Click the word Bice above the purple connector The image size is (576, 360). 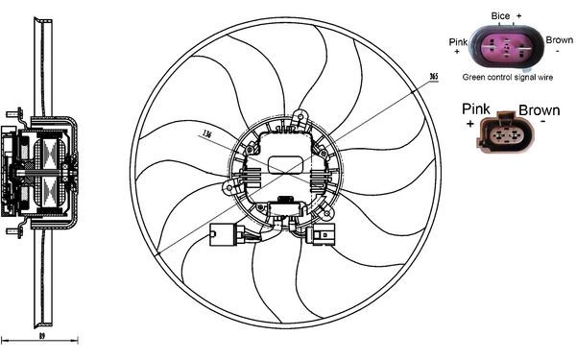499,16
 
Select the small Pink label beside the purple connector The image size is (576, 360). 458,40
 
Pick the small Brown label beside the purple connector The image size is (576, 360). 559,40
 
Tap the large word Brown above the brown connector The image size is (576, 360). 539,110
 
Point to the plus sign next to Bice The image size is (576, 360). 518,16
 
